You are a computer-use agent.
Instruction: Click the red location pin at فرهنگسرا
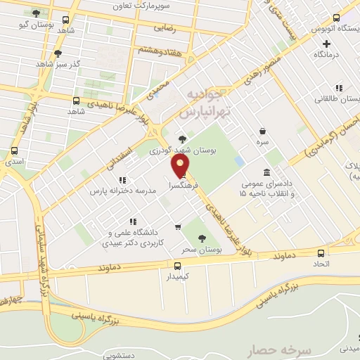[181, 165]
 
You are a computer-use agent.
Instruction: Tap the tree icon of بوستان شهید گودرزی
[183, 139]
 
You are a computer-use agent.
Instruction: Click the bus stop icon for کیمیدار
[176, 265]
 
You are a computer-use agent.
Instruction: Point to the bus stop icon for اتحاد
[321, 254]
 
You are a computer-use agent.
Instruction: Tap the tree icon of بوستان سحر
[202, 238]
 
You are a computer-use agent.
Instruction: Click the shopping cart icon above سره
[262, 131]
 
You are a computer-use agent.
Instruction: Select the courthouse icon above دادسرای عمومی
[266, 173]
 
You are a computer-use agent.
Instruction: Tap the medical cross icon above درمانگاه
[326, 44]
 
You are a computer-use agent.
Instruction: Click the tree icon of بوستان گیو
[36, 13]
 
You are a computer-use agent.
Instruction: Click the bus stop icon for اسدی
[15, 150]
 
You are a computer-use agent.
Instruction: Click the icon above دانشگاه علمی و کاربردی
[133, 221]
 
